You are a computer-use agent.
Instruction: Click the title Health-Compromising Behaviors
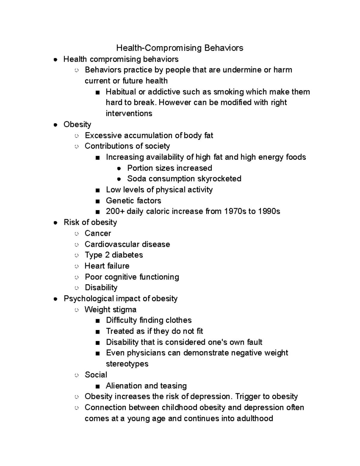(x=180, y=48)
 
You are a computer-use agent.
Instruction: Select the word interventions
(x=129, y=113)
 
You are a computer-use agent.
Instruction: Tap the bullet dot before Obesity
(x=55, y=125)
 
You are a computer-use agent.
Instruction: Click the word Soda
(x=136, y=179)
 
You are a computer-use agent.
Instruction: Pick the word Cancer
(x=98, y=233)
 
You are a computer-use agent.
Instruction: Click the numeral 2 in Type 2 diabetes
(x=107, y=255)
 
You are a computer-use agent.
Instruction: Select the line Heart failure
(x=107, y=266)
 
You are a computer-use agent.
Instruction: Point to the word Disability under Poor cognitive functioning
(x=101, y=288)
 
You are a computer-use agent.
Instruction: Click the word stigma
(x=125, y=310)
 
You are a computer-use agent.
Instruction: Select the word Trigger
(x=247, y=397)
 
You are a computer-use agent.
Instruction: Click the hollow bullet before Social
(x=77, y=375)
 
